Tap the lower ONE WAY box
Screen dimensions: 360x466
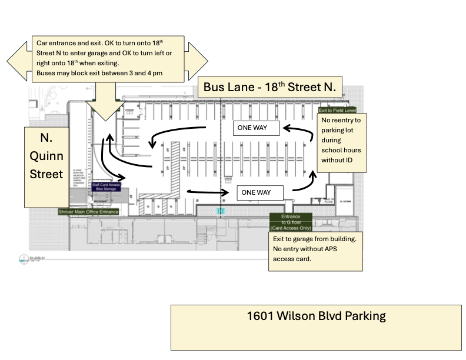click(x=260, y=192)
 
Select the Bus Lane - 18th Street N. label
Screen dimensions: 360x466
click(x=269, y=88)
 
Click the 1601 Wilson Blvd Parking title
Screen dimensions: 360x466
click(x=317, y=316)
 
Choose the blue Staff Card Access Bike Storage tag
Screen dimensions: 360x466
click(x=106, y=187)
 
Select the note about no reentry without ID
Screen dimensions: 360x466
click(x=341, y=143)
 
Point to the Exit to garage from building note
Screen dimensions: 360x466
click(x=315, y=249)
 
